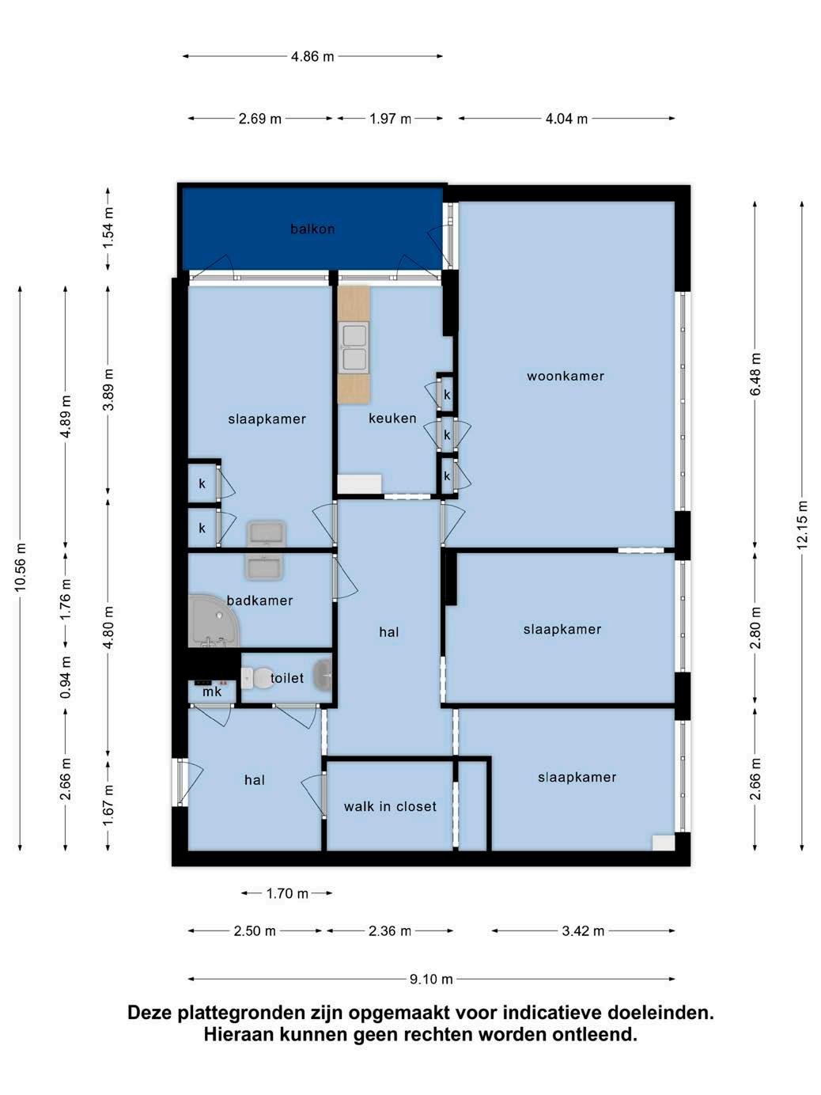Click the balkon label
coord(312,229)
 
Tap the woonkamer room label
coord(566,376)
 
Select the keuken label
coord(392,418)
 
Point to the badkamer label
coord(259,601)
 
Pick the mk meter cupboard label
coord(212,692)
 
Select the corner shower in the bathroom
coord(214,621)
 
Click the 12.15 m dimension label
coord(801,525)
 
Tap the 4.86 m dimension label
coord(312,56)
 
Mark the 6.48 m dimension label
coord(755,374)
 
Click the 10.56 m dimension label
coord(20,567)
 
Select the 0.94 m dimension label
coord(66,677)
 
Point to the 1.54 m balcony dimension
coord(108,228)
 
